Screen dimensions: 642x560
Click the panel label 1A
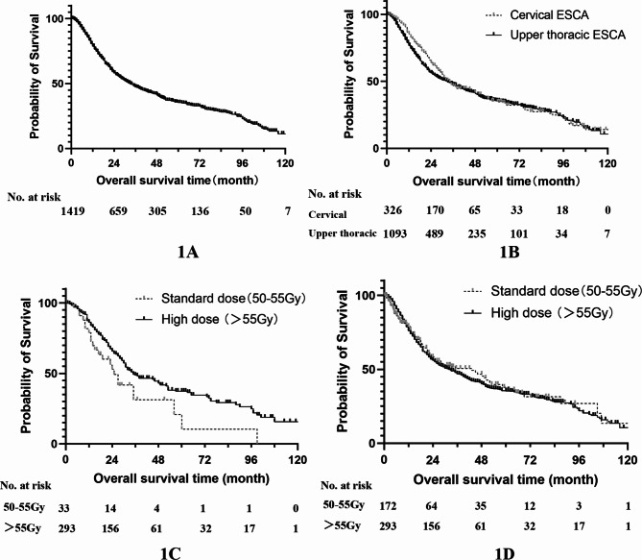[188, 252]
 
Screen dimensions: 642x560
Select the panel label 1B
[510, 252]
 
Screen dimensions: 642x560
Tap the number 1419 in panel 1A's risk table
[73, 211]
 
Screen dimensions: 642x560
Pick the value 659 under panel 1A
[118, 211]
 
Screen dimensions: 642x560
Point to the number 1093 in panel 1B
[394, 233]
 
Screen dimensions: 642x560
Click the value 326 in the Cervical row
[392, 210]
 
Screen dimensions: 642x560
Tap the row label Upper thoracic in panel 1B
[343, 233]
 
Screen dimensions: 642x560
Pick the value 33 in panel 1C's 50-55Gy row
[63, 508]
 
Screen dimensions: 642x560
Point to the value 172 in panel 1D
[388, 506]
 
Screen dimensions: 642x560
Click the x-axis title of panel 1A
[178, 180]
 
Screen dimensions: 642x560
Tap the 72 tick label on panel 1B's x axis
[519, 163]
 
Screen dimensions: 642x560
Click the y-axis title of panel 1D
[343, 361]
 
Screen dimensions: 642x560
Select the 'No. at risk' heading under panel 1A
[34, 197]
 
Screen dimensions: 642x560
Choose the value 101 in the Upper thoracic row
[519, 233]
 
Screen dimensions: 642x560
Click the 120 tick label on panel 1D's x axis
[628, 460]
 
